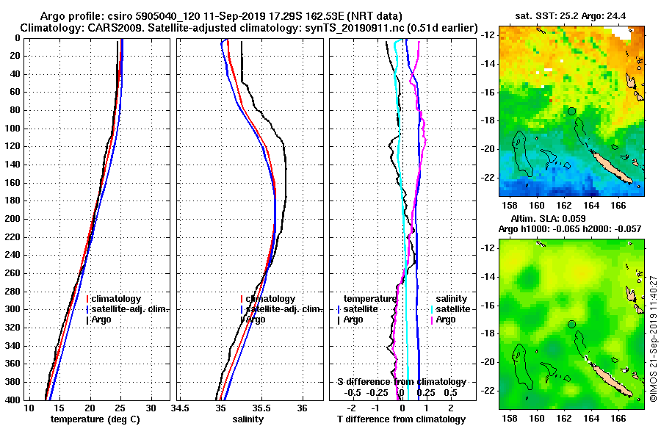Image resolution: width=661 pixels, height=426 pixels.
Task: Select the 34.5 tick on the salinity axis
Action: pyautogui.click(x=181, y=408)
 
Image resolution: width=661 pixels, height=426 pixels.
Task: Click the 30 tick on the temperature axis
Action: pyautogui.click(x=151, y=408)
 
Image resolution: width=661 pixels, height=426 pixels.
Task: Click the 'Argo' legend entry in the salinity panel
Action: pyautogui.click(x=256, y=319)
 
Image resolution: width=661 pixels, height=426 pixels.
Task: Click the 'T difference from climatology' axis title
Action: pyautogui.click(x=401, y=419)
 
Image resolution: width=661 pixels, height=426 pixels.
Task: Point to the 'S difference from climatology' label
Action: pyautogui.click(x=401, y=382)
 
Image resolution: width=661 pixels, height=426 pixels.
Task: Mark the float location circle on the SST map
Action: pyautogui.click(x=571, y=111)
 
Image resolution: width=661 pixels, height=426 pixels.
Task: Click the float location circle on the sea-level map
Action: pyautogui.click(x=571, y=324)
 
